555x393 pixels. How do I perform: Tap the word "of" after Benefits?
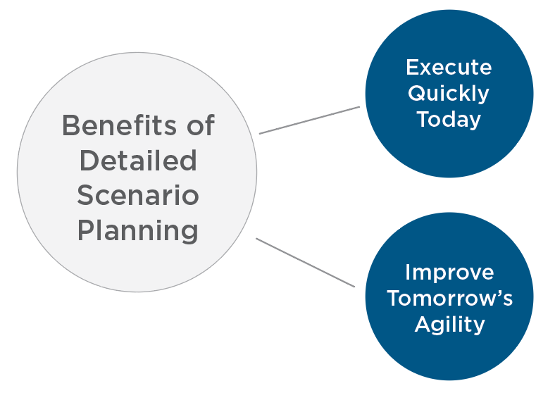[199, 126]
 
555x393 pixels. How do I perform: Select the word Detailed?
[137, 161]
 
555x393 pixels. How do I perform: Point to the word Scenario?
[137, 196]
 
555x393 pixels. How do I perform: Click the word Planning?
[137, 232]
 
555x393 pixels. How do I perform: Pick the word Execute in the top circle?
[449, 67]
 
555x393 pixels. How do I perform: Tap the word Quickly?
[449, 93]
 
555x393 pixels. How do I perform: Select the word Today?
[449, 119]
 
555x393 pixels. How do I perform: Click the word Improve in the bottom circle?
[449, 272]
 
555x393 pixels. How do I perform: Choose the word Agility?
[449, 324]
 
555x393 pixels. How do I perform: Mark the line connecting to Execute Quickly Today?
[309, 120]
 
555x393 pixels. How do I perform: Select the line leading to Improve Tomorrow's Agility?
[305, 263]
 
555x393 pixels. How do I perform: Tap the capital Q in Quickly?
[416, 93]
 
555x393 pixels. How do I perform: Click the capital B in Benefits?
[70, 126]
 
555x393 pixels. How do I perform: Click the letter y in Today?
[475, 121]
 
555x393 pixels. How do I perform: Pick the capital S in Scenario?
[85, 196]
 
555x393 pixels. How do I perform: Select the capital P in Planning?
[85, 230]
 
